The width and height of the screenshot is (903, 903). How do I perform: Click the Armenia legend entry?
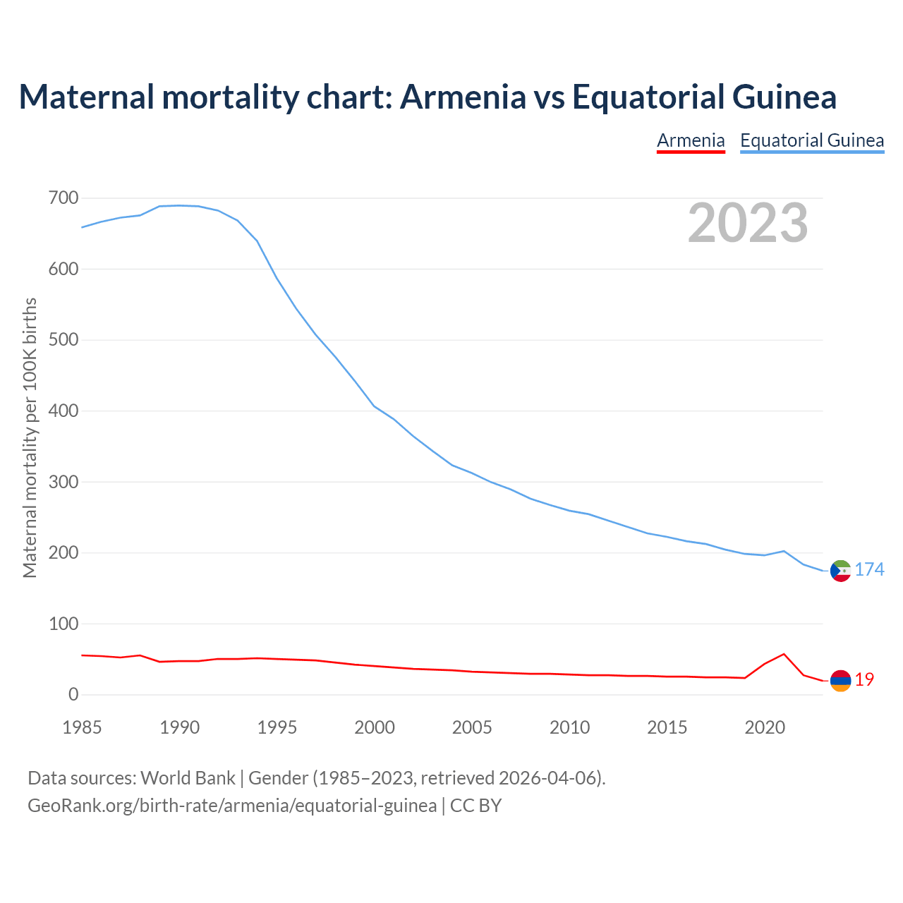[x=691, y=140]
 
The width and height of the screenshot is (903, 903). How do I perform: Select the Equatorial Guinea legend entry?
[x=812, y=140]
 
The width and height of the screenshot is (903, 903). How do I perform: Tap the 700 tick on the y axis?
[x=63, y=198]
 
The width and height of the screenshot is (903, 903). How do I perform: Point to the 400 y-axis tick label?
[x=63, y=411]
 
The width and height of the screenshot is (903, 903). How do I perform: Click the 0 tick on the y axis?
[x=73, y=695]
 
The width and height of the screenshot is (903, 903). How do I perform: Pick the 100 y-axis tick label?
[x=63, y=624]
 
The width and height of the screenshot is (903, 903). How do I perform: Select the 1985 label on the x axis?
[x=82, y=727]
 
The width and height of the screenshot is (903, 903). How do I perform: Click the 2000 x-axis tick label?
[x=375, y=727]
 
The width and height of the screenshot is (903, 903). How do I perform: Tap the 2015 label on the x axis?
[x=667, y=727]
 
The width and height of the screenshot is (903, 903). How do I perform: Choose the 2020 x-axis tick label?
[x=765, y=727]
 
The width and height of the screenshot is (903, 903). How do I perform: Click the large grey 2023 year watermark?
[x=748, y=223]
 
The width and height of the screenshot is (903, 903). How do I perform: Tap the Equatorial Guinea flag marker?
[x=840, y=570]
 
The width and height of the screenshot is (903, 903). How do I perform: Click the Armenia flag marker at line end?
[x=840, y=680]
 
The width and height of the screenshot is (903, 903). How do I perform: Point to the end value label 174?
[x=869, y=569]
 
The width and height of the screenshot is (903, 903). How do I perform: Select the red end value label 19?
[x=864, y=679]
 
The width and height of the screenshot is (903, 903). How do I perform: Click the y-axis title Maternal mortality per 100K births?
[x=30, y=437]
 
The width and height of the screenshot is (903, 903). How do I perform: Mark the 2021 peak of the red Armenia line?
[x=784, y=654]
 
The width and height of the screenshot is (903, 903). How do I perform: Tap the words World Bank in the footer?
[x=188, y=778]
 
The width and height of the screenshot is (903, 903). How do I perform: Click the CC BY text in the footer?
[x=475, y=806]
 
